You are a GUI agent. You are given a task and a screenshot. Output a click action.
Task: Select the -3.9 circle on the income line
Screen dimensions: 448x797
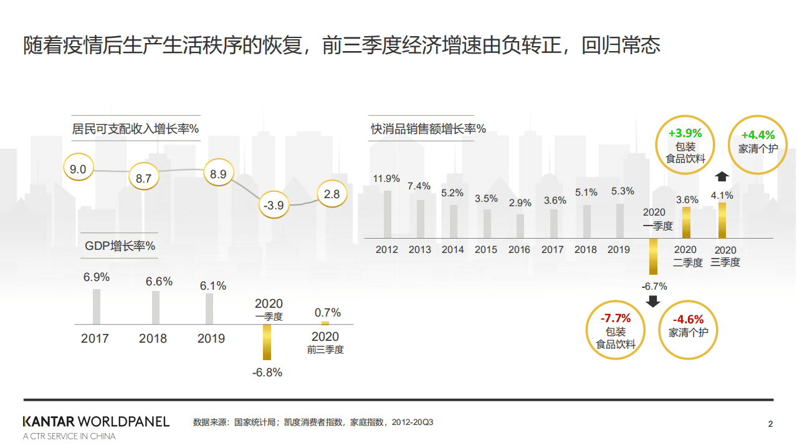[274, 205]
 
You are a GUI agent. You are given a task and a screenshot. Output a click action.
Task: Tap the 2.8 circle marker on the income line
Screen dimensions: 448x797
[332, 194]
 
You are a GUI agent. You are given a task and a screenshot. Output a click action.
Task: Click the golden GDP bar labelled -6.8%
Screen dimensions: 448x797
[267, 342]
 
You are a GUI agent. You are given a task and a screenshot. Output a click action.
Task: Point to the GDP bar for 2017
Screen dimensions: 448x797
[97, 306]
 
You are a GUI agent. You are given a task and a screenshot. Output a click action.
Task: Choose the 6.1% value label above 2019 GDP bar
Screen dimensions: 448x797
[213, 286]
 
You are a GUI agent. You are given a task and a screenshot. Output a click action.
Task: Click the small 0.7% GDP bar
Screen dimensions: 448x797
[325, 323]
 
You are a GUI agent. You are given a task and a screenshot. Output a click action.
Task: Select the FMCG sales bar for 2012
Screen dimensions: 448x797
[387, 214]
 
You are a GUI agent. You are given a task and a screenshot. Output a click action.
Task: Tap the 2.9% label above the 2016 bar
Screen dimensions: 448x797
[520, 203]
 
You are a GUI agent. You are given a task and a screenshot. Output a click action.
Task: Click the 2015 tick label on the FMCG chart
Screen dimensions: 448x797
[486, 250]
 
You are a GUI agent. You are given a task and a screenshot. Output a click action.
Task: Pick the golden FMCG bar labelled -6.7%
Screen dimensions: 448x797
[653, 256]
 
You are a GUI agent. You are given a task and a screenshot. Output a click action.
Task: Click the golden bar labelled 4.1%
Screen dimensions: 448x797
[722, 220]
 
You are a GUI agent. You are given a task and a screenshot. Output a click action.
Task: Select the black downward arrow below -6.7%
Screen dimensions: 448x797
[653, 302]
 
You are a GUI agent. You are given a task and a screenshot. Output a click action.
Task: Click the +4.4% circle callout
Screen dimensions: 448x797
[758, 143]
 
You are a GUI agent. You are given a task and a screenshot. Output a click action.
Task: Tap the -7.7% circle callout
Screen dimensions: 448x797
[616, 330]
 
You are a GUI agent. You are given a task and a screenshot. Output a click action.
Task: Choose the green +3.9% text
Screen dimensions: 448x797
[685, 133]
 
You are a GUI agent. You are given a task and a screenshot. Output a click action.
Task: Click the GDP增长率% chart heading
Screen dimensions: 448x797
[120, 246]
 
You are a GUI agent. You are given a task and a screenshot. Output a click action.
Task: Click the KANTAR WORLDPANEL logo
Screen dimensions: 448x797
[96, 422]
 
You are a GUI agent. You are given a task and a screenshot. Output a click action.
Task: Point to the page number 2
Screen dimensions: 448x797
[770, 425]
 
